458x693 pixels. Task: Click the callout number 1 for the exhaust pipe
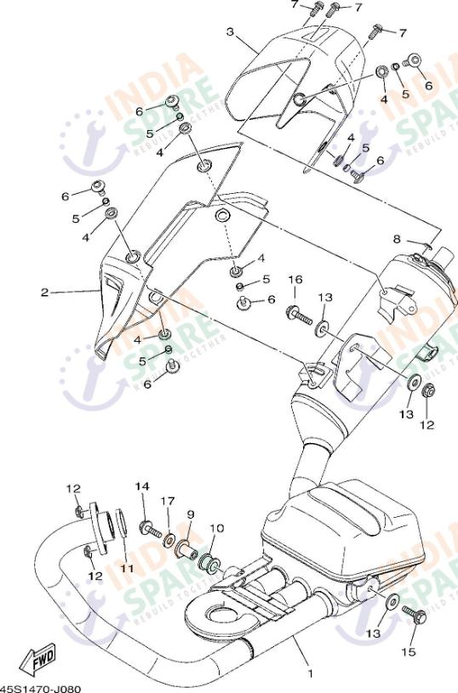pos(310,674)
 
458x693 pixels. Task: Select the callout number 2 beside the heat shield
pos(44,293)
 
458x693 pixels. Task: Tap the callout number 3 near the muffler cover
pos(230,31)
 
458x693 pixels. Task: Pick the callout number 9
pos(191,514)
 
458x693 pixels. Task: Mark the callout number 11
pos(127,568)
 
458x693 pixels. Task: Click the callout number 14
pos(141,486)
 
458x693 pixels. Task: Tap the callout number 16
pos(295,280)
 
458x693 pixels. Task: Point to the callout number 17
pos(168,501)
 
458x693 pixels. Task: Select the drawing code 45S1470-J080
pos(34,687)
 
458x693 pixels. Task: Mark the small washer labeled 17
pos(170,539)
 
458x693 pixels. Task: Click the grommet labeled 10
pos(207,560)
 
